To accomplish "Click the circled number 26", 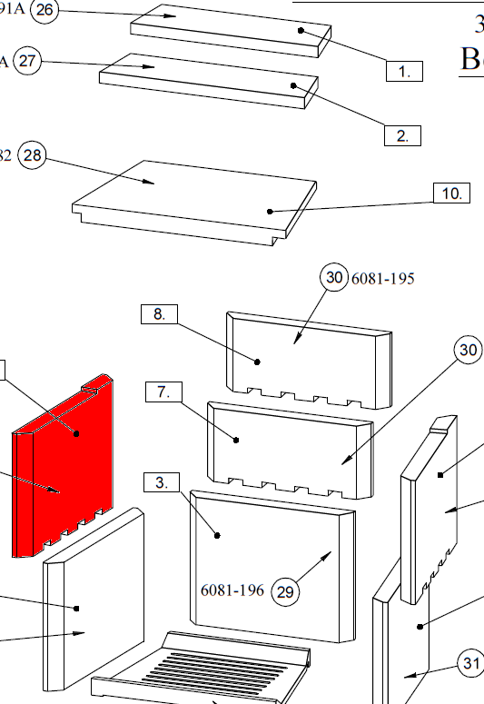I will [44, 12].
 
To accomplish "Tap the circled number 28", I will [33, 155].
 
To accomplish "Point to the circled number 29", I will [285, 592].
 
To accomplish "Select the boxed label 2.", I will [402, 136].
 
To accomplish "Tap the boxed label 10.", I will [450, 193].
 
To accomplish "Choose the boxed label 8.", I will [159, 315].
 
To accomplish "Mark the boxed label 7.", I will [163, 392].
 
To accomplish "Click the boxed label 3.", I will [162, 481].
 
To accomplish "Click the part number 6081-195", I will [382, 279].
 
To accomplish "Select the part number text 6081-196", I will [232, 591].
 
